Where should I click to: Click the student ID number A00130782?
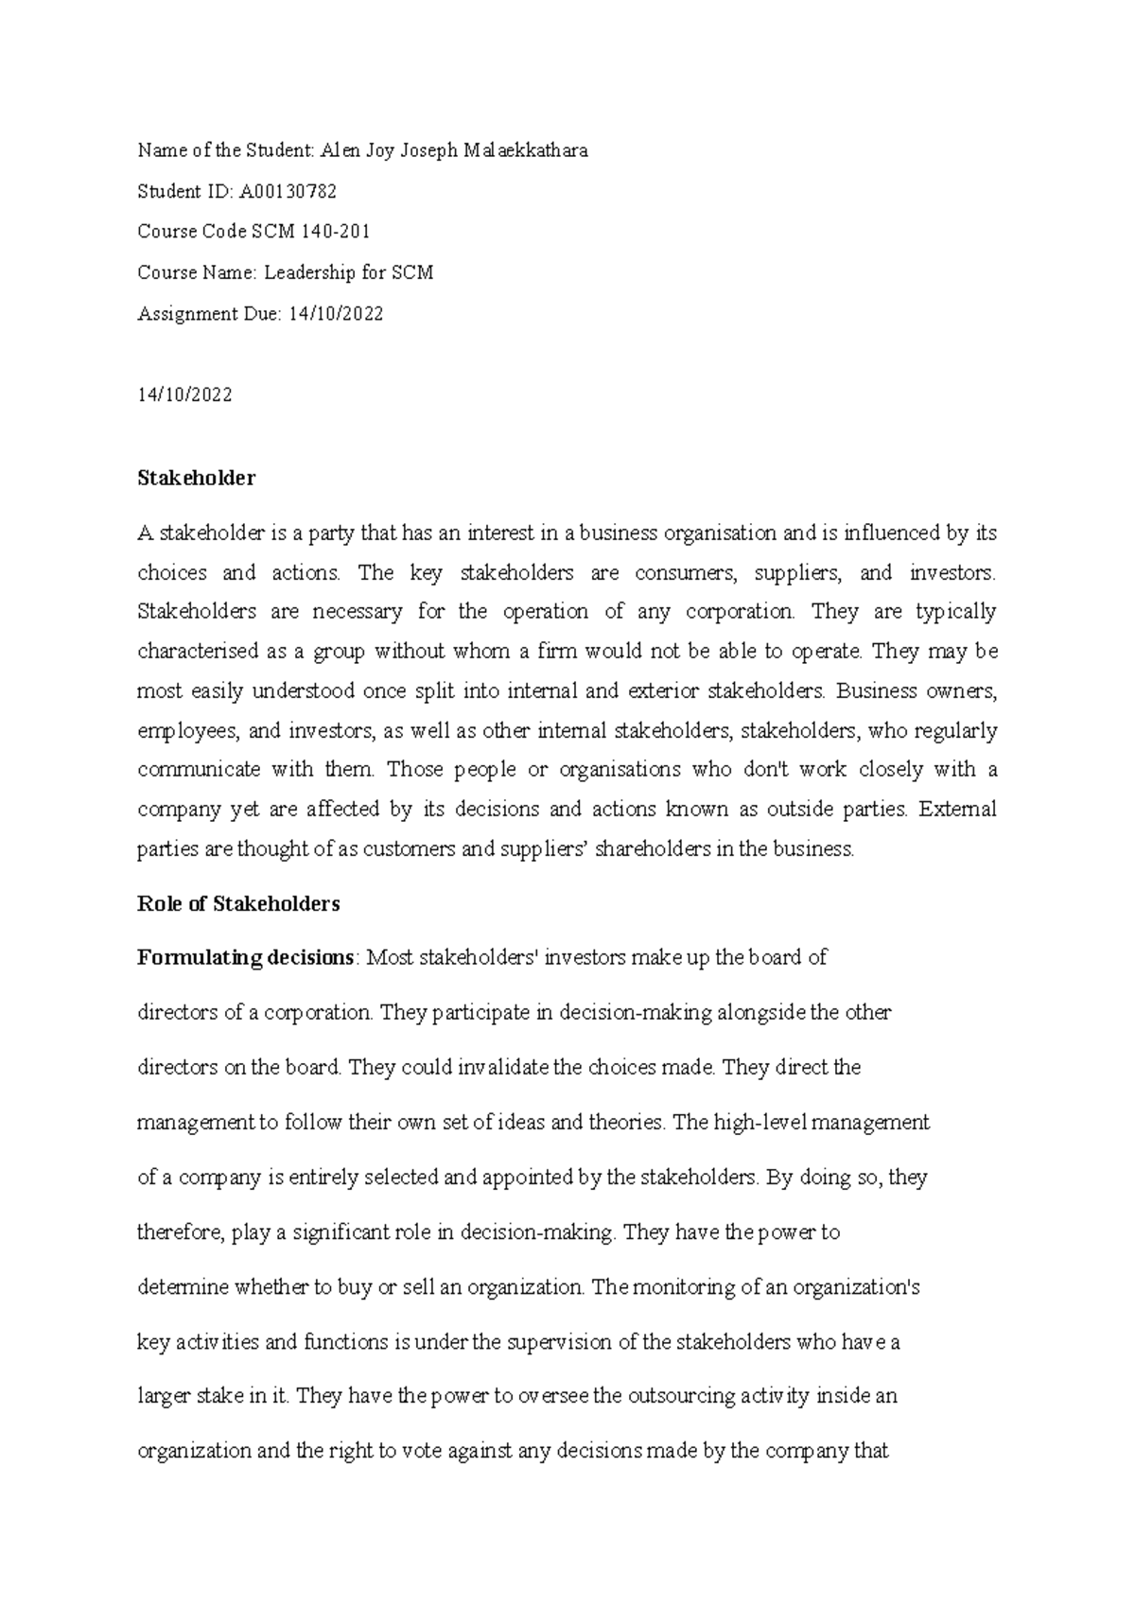288,192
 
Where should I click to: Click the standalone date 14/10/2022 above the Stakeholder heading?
184,395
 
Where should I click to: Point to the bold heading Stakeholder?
196,479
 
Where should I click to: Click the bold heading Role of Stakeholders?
238,903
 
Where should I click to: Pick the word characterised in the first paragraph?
198,652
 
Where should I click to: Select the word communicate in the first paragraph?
199,770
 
